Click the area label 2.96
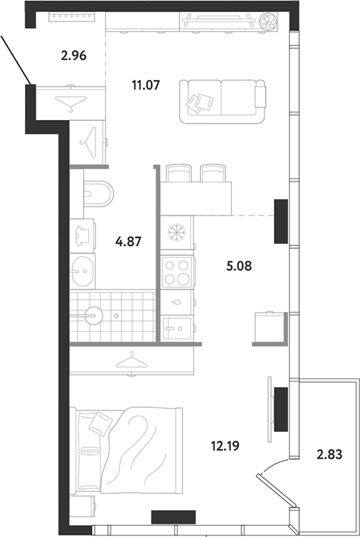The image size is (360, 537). tap(73, 56)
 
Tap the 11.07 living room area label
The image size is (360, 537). tap(146, 84)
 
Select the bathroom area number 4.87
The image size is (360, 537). tap(128, 242)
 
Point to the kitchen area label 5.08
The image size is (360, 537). tap(239, 266)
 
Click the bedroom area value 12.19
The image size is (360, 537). tap(225, 446)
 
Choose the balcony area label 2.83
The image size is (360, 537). tap(330, 455)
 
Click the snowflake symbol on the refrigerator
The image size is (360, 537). tap(176, 233)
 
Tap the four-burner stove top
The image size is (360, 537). tap(177, 273)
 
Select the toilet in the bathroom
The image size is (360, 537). tap(99, 193)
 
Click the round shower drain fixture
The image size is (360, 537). tap(93, 316)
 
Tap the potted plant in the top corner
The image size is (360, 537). tap(268, 21)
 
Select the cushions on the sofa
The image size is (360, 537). tap(200, 103)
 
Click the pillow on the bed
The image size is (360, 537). tap(101, 422)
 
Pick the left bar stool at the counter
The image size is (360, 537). tap(179, 173)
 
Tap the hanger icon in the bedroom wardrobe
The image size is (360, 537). tap(132, 361)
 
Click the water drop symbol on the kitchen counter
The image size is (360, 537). tap(177, 302)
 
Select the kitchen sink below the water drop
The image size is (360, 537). tap(177, 328)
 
